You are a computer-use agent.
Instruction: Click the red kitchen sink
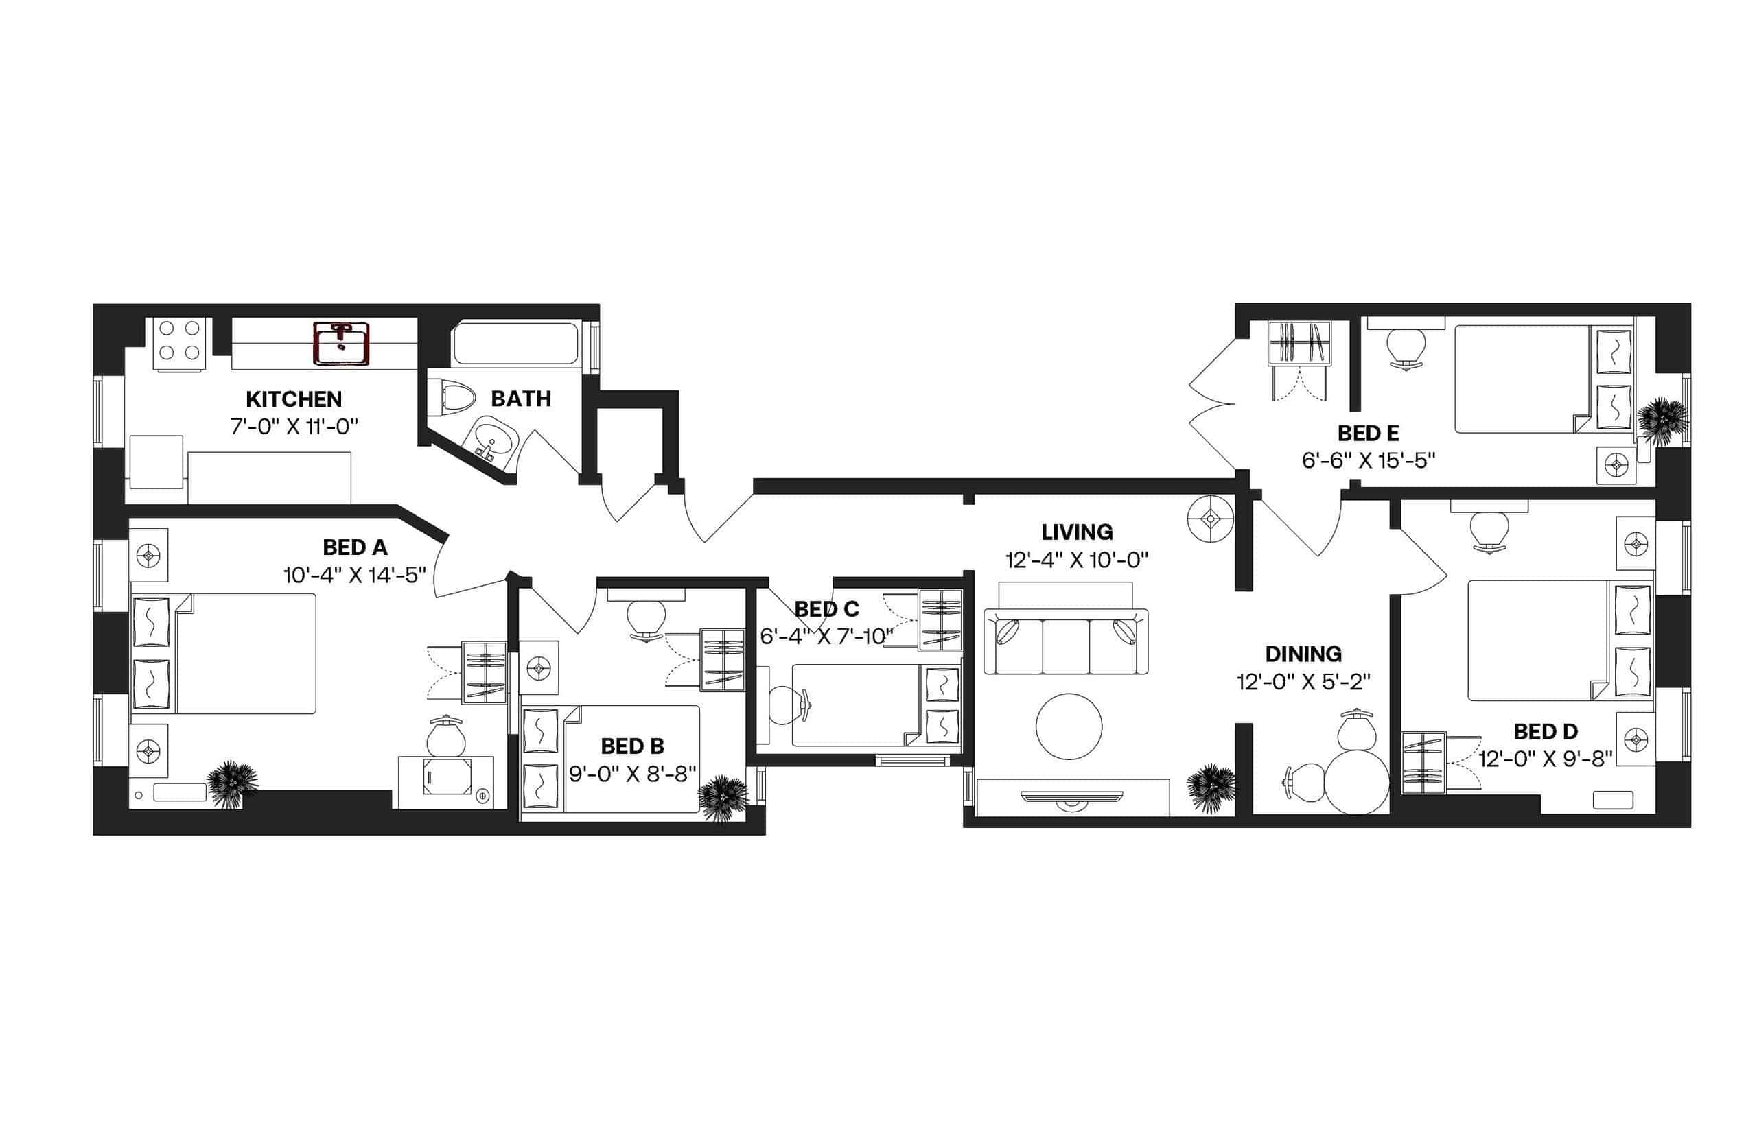[x=340, y=344]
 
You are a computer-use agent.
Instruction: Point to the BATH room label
[x=521, y=399]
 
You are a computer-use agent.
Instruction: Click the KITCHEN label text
[x=294, y=399]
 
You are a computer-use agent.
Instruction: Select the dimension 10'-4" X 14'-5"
[x=354, y=576]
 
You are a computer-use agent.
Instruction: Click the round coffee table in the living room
[x=1069, y=726]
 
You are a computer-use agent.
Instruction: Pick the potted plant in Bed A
[x=233, y=784]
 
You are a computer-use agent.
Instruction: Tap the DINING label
[x=1303, y=654]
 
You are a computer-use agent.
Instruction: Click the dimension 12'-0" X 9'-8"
[x=1545, y=759]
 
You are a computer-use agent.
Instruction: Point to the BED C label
[x=826, y=609]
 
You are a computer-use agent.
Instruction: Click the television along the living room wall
[x=1071, y=796]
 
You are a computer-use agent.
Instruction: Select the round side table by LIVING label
[x=1210, y=519]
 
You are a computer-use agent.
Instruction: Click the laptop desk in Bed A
[x=445, y=778]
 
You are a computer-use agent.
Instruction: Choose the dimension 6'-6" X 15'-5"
[x=1368, y=461]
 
